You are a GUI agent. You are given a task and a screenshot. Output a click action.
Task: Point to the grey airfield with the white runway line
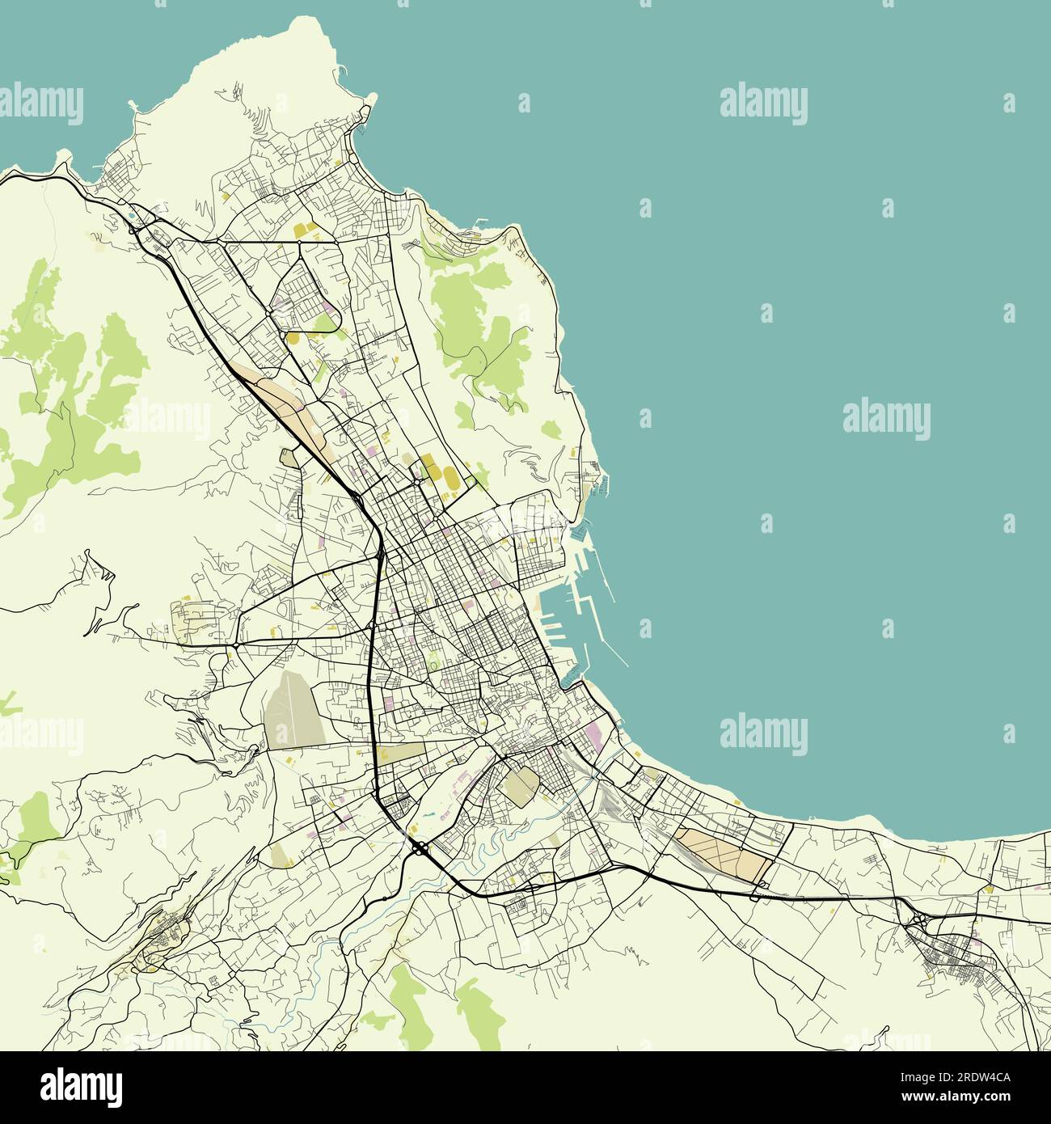point(291,709)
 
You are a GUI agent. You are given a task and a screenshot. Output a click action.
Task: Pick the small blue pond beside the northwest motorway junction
point(131,216)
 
